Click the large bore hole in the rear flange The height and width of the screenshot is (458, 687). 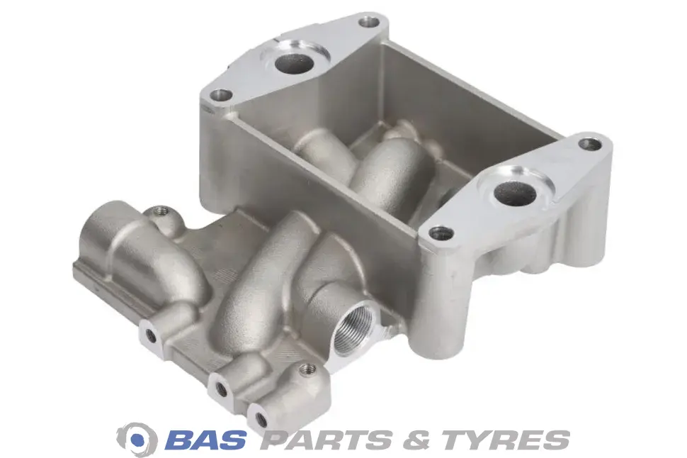click(295, 64)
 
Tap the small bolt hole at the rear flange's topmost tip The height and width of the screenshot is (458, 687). click(369, 21)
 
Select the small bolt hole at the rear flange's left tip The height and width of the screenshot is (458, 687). click(220, 94)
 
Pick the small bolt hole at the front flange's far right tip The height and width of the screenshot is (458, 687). click(589, 144)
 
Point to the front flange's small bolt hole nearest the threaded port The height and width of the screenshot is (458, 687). click(441, 233)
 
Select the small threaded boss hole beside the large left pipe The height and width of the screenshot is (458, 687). click(161, 212)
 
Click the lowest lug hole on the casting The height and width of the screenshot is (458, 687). click(261, 420)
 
